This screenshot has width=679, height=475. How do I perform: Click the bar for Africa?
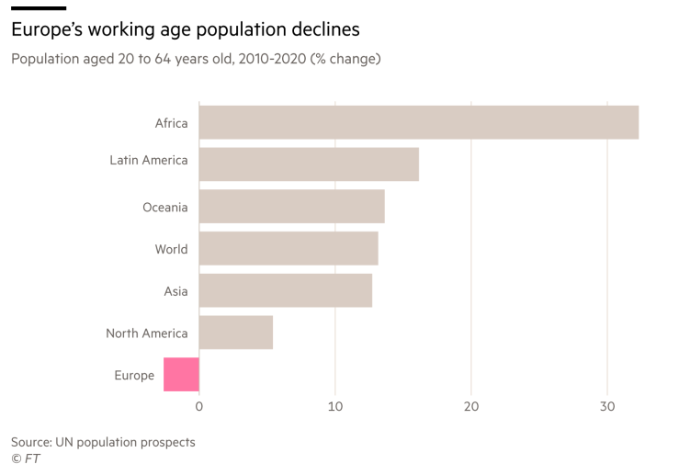point(418,122)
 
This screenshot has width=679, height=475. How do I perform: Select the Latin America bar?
point(309,164)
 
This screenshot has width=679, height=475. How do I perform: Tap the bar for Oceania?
point(291,206)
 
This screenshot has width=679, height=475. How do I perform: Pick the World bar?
point(289,248)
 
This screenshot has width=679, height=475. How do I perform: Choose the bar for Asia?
point(285,290)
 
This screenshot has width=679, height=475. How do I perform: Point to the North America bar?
point(235,333)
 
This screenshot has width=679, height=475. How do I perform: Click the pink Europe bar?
point(181,375)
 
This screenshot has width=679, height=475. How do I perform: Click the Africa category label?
point(171,123)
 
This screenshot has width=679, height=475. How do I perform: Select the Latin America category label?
point(148,160)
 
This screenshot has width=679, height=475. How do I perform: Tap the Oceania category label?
point(164,207)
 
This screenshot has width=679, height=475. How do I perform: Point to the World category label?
point(171,249)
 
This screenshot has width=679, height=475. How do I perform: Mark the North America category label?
point(146,334)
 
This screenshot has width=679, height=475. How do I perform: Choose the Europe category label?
point(134,375)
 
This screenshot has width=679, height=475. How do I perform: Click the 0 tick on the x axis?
point(199,406)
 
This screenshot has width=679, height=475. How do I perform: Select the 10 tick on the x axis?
point(335,406)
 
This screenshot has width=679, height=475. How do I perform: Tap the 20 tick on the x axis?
point(471,406)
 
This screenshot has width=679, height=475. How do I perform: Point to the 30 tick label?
point(607,406)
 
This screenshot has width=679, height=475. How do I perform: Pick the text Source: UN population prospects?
point(103,442)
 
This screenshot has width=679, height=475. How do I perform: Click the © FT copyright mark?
point(26,458)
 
